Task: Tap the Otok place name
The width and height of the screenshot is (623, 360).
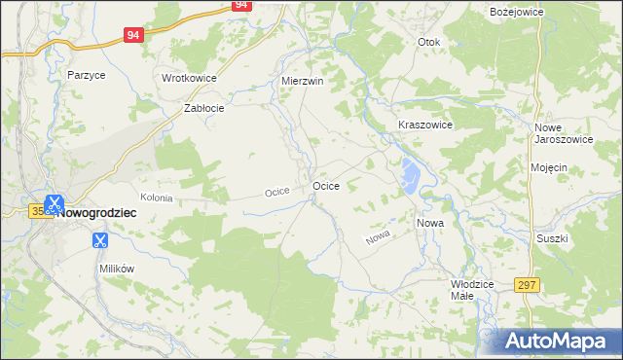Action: pyautogui.click(x=428, y=43)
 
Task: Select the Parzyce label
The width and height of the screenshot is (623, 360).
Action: pyautogui.click(x=86, y=74)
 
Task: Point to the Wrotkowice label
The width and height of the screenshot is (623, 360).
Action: pyautogui.click(x=189, y=78)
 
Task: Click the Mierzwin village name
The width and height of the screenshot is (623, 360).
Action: pyautogui.click(x=301, y=81)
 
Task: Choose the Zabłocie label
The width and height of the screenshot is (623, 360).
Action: pyautogui.click(x=204, y=109)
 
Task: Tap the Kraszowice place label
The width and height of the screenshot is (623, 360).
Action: pyautogui.click(x=425, y=126)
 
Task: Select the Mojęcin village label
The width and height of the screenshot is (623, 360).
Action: pyautogui.click(x=549, y=167)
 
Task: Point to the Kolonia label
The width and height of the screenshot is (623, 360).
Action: pyautogui.click(x=156, y=198)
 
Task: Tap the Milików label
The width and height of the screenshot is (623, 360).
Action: pyautogui.click(x=115, y=268)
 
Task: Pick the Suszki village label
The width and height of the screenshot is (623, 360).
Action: pyautogui.click(x=551, y=237)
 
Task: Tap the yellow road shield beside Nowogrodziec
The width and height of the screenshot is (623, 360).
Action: pyautogui.click(x=37, y=210)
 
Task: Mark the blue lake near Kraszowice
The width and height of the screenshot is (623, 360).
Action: pyautogui.click(x=409, y=176)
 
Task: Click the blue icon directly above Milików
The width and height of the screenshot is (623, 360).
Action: pyautogui.click(x=99, y=239)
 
